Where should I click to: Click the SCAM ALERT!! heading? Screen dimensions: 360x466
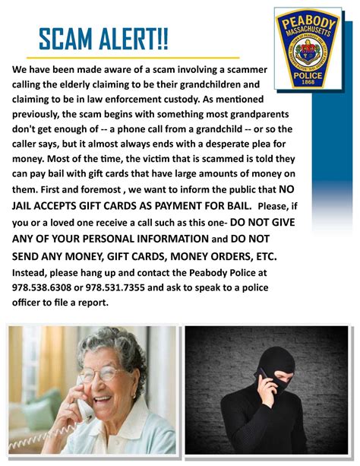point(103,39)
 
